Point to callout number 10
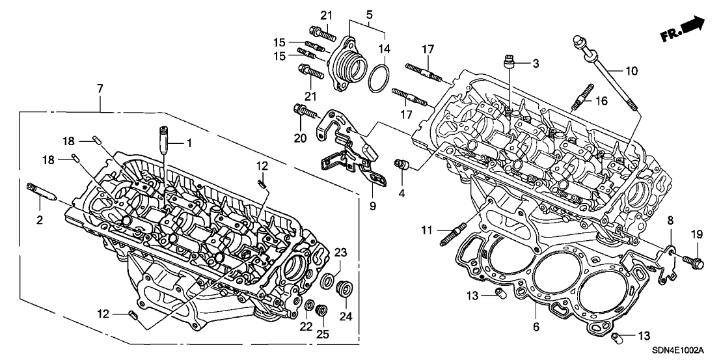click(632, 70)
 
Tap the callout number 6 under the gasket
click(536, 325)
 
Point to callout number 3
click(536, 64)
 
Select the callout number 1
click(191, 142)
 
